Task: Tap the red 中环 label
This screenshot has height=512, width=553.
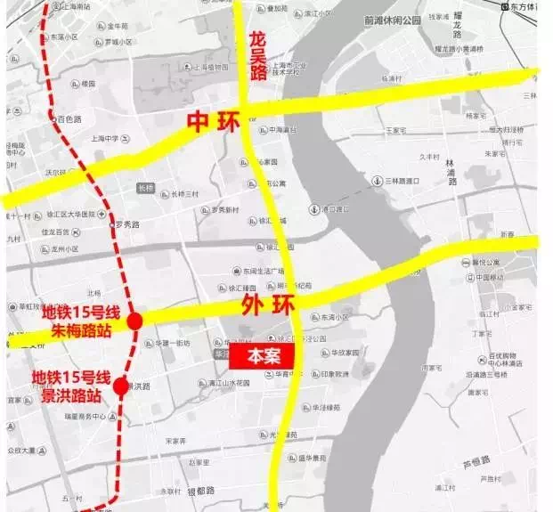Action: pyautogui.click(x=214, y=122)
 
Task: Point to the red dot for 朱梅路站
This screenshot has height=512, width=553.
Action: pyautogui.click(x=134, y=321)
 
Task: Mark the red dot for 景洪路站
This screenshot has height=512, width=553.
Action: pyautogui.click(x=121, y=386)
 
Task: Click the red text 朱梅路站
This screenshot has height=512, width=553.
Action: pyautogui.click(x=83, y=331)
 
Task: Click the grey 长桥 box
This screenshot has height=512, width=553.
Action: pyautogui.click(x=146, y=188)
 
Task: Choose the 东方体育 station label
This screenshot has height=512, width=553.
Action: pyautogui.click(x=529, y=7)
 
